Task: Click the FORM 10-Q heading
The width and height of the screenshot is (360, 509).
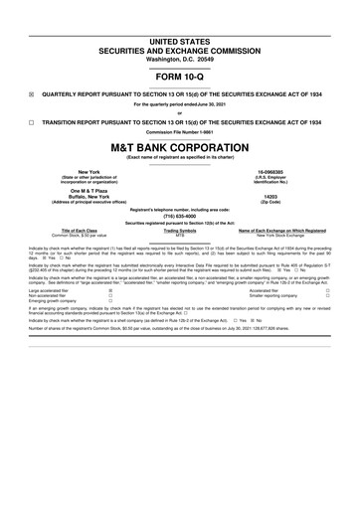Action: click(180, 75)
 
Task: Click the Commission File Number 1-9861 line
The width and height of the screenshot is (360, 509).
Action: click(180, 130)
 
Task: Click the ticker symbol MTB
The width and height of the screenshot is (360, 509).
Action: click(180, 236)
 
